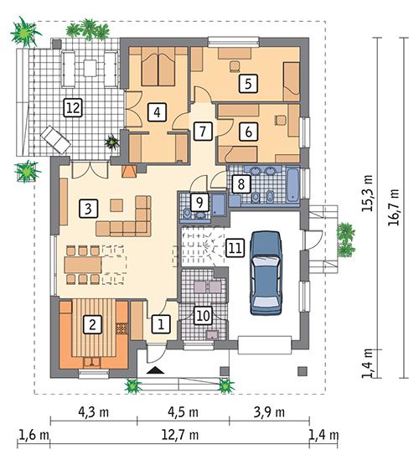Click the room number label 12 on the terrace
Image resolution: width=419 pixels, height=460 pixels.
[x=73, y=106]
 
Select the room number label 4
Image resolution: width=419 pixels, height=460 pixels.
[x=157, y=111]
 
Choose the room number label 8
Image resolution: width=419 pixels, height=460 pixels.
[x=239, y=183]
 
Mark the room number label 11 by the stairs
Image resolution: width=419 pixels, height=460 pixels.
[x=235, y=247]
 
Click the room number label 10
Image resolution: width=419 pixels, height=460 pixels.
[x=201, y=315]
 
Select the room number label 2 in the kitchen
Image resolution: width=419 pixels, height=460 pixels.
[x=95, y=322]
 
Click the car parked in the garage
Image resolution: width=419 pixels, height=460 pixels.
[x=267, y=270]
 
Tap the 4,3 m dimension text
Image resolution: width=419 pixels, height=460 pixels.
[x=93, y=412]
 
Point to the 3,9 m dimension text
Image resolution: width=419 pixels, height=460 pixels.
[x=267, y=412]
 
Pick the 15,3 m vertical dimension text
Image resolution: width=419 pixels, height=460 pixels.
[x=367, y=193]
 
